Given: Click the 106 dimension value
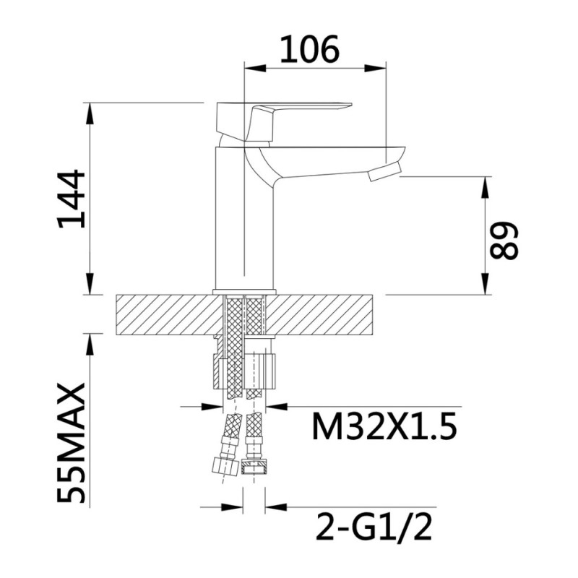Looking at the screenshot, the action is coord(309,49).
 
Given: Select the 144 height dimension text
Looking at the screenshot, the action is coord(71,199).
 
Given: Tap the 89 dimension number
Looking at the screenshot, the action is coord(504,241).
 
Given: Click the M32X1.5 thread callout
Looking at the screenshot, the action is coord(384,426).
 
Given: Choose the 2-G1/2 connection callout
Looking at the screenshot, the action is coord(374,527).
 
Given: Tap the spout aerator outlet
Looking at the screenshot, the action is coord(385,173).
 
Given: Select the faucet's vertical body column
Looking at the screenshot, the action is coord(244,217).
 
